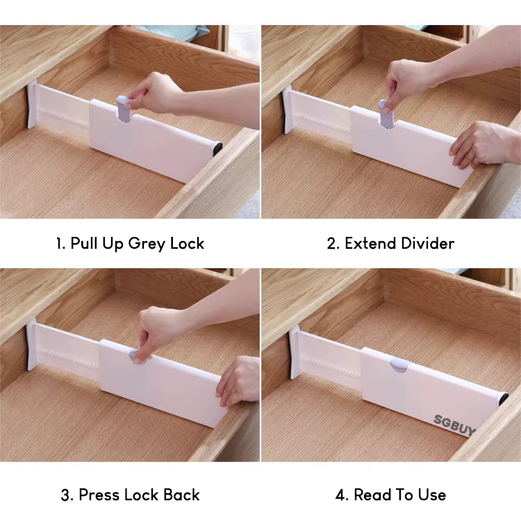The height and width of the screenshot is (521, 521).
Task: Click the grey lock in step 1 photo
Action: [x=123, y=109]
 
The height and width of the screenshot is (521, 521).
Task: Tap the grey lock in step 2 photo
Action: [x=386, y=114]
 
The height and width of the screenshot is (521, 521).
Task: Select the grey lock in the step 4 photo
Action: [x=399, y=365]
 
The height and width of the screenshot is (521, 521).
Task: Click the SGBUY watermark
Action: [x=454, y=425]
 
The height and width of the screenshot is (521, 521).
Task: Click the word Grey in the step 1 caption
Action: [x=147, y=244]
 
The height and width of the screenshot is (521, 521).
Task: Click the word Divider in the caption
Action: [x=428, y=243]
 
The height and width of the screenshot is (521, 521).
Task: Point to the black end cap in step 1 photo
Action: [x=217, y=148]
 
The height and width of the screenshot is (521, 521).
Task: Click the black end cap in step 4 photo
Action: [x=503, y=398]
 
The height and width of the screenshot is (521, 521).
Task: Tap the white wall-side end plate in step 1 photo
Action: [x=32, y=104]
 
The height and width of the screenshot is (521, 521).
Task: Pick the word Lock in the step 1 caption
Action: [x=187, y=243]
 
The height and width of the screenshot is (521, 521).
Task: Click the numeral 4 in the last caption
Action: [x=341, y=495]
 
